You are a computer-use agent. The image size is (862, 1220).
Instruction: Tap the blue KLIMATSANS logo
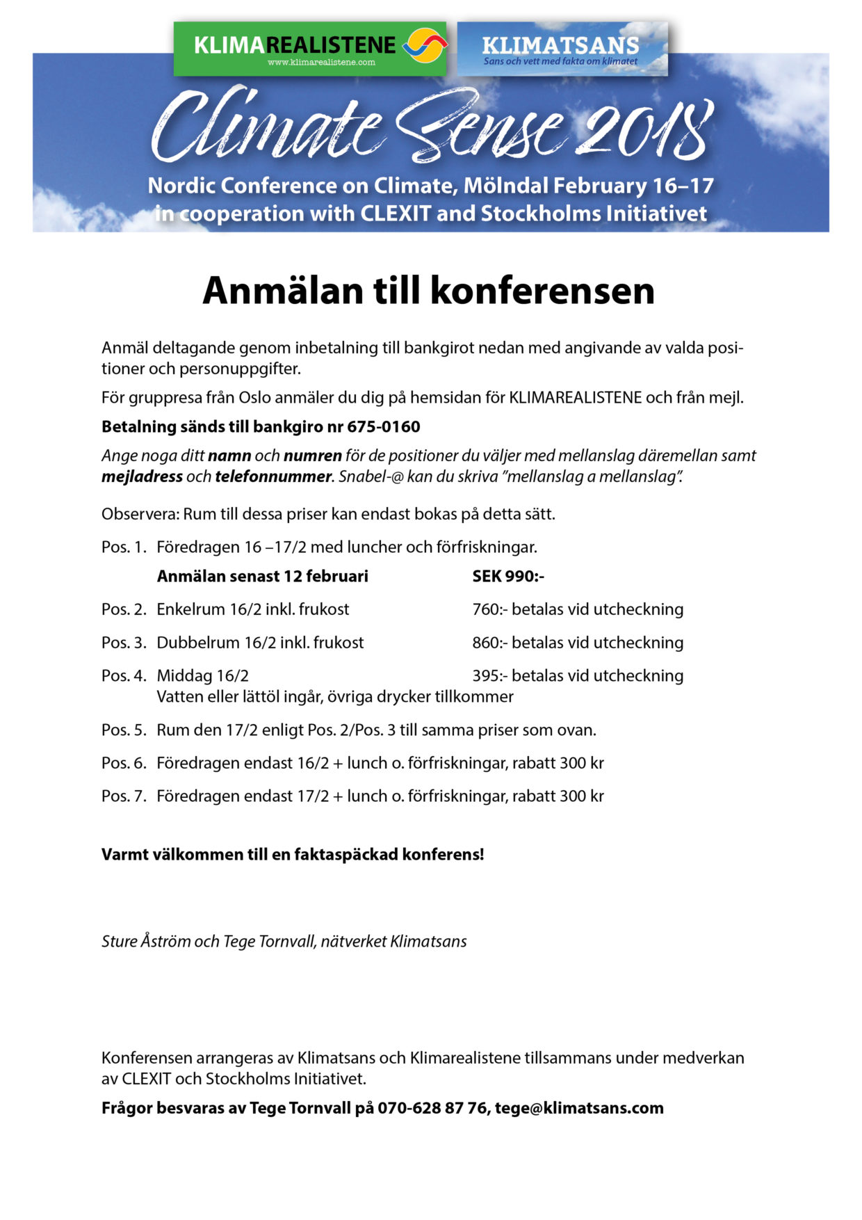(x=562, y=49)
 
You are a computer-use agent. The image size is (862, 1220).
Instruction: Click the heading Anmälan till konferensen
(x=428, y=291)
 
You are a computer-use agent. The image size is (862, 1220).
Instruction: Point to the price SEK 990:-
(x=508, y=576)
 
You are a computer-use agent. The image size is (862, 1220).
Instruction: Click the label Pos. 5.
(x=124, y=730)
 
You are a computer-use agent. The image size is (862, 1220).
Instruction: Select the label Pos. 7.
(x=124, y=796)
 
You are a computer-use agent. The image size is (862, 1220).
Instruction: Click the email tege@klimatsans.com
(x=579, y=1108)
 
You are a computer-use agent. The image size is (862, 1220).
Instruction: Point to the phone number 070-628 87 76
(x=432, y=1108)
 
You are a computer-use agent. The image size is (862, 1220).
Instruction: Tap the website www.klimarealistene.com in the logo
(x=321, y=63)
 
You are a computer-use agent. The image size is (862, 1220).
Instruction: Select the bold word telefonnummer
(x=273, y=476)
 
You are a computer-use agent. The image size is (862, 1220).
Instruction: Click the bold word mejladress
(x=142, y=476)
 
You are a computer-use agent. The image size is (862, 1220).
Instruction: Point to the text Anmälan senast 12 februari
(x=263, y=576)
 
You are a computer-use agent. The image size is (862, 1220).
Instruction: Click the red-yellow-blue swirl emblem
(x=425, y=46)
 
